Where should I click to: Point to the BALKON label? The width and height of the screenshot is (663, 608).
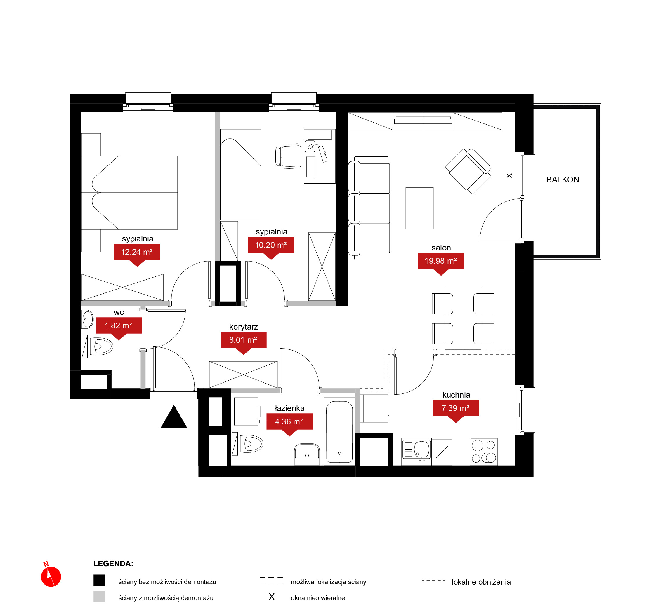tap(563, 180)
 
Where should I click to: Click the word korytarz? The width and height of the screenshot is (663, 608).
tap(244, 327)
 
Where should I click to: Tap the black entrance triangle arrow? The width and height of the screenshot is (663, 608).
tap(174, 417)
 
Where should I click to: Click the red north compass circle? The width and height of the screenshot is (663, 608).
tap(51, 577)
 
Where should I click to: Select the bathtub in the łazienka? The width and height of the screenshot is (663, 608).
tap(339, 431)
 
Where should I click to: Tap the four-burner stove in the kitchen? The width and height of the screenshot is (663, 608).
tap(484, 451)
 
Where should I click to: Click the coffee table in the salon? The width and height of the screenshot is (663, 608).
tap(419, 208)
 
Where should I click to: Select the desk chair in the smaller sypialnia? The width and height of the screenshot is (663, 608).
tap(288, 156)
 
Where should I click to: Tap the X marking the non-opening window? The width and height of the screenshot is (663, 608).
tap(509, 176)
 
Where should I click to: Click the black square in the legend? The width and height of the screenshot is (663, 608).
tap(99, 580)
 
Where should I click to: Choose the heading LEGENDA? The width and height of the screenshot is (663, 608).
tap(113, 564)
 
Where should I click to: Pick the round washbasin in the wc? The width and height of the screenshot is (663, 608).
tap(87, 319)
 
